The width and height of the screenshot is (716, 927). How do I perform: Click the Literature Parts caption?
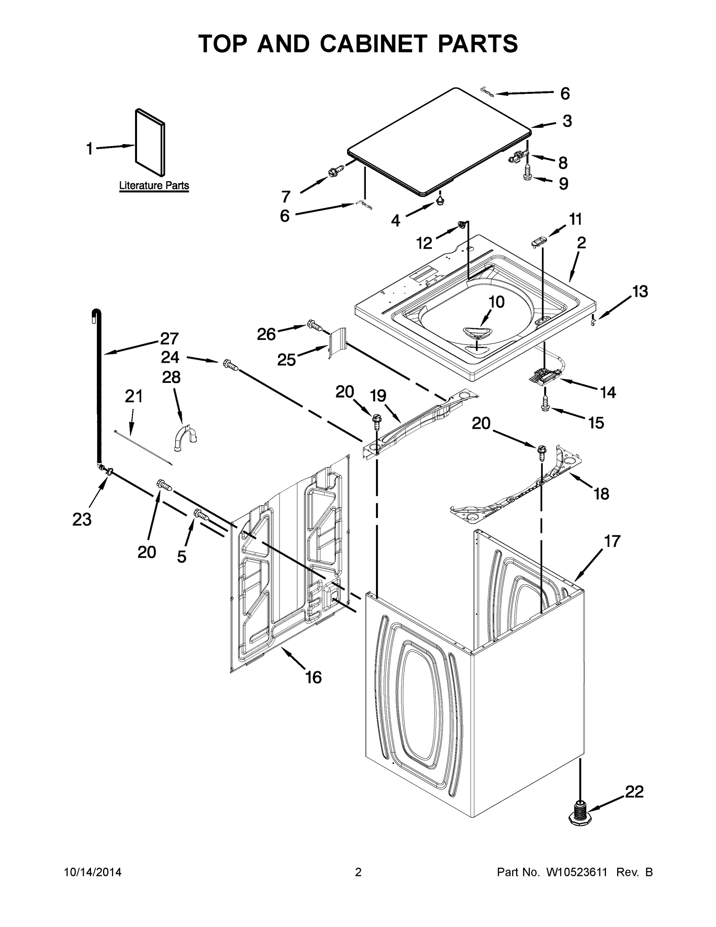pos(154,185)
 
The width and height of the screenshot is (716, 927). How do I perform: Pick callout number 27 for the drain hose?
pos(169,338)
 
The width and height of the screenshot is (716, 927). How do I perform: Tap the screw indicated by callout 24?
pos(230,365)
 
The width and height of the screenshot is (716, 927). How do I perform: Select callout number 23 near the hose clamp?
pos(82,519)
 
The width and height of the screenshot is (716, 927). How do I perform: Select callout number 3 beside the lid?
pos(567,121)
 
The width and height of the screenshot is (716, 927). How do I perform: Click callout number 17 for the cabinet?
pos(612,541)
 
